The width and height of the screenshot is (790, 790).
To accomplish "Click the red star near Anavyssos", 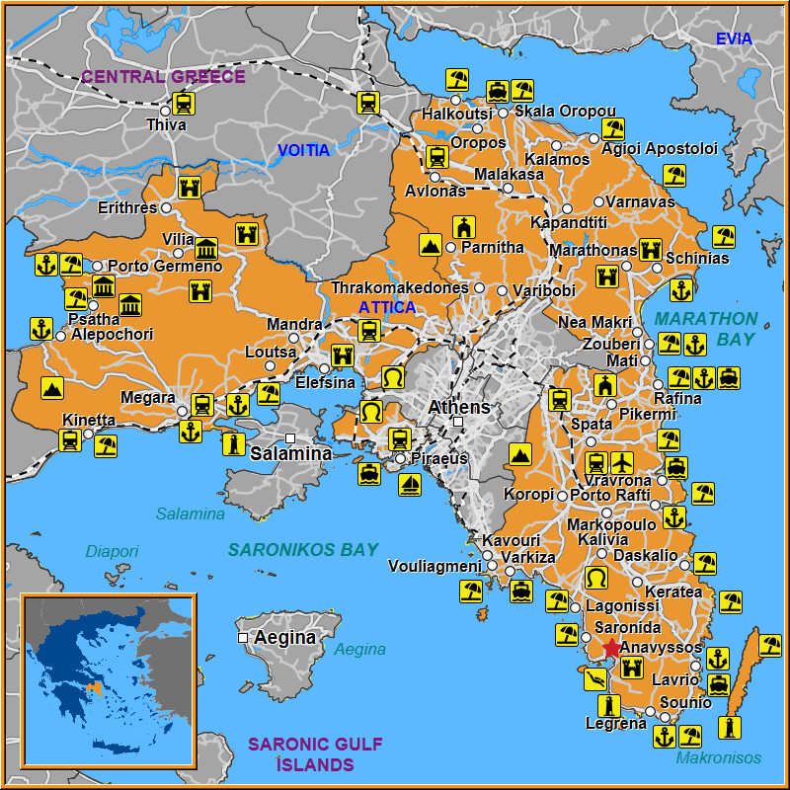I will pos(611,648).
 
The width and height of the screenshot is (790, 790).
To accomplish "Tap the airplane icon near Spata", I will pos(622,462).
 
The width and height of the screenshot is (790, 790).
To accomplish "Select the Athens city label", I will pos(458,407).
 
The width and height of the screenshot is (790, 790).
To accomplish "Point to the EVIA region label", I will pos(734,39).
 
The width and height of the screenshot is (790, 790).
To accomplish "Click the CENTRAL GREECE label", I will pos(163,76).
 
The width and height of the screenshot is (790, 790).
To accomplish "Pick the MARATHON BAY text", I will pos(705,329).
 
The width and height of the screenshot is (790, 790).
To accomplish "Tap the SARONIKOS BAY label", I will pos(303,550).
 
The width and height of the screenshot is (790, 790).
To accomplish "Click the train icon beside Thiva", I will pos(183,103).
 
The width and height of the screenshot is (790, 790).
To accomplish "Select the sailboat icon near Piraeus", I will pos(409,484).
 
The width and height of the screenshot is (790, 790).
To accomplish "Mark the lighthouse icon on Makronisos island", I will pos(731,728).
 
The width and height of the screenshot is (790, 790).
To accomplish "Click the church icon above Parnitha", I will pos(464,225).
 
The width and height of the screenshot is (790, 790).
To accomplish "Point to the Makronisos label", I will pos(719,757).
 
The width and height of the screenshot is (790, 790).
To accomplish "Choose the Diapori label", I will pos(112,551).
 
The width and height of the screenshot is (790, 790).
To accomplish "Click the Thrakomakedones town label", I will pos(399,288).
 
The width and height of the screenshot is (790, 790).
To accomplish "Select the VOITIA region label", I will pos(303,151).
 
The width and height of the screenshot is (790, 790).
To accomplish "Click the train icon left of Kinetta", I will pos(69,440).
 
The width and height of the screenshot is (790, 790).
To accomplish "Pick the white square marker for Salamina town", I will pos(290,437).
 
